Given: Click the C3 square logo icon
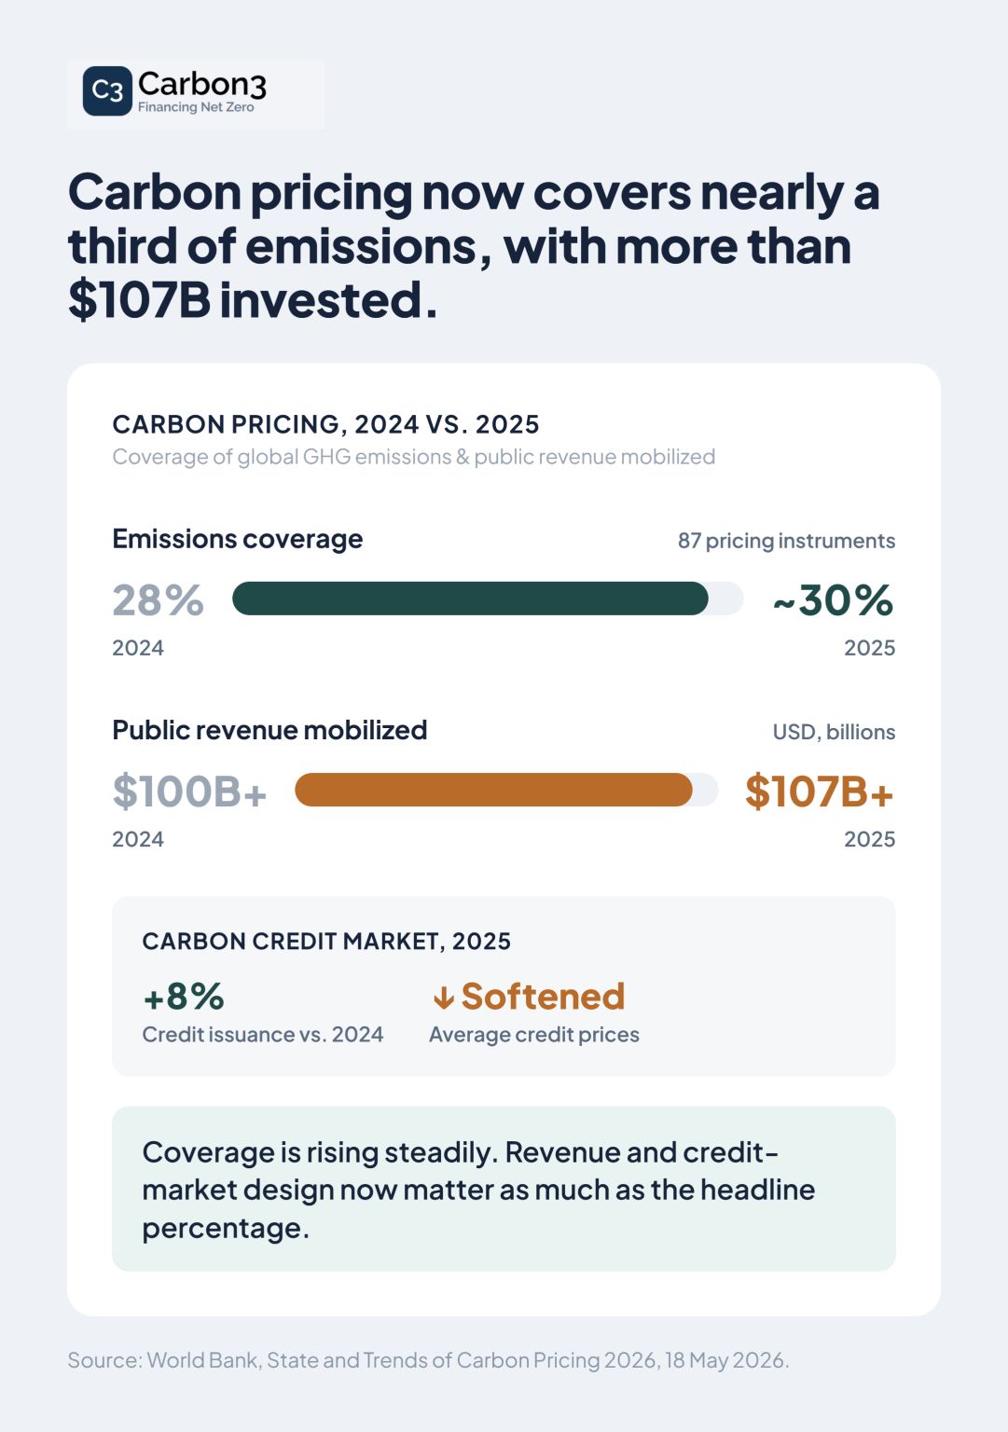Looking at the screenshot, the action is coord(107,90).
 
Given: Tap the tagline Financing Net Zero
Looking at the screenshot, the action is coord(196,107).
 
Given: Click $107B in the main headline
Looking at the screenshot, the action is coord(140,300).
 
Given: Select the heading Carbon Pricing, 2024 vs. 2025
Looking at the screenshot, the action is coord(325,424).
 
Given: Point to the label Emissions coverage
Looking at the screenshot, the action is coord(237,540).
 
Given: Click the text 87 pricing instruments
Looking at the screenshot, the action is coord(786,541).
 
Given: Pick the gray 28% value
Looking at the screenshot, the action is coord(158,600).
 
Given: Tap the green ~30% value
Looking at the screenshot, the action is coord(833,600).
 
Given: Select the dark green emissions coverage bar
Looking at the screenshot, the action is coord(470,599).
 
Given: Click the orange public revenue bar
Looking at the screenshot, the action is coord(493,790).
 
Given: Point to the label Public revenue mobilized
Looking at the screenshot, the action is coord(269,730).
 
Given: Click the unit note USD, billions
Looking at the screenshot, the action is coord(834,732).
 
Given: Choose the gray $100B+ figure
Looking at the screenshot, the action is coord(189,792).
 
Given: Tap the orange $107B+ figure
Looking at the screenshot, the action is coord(820,792).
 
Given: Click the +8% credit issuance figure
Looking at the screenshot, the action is coord(184,997).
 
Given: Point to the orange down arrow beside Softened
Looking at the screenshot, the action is coord(444,998).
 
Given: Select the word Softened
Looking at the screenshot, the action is coord(543,996).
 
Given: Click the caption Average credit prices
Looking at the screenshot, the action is coord(534,1034).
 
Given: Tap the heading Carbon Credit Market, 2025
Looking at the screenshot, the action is coord(326,941).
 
